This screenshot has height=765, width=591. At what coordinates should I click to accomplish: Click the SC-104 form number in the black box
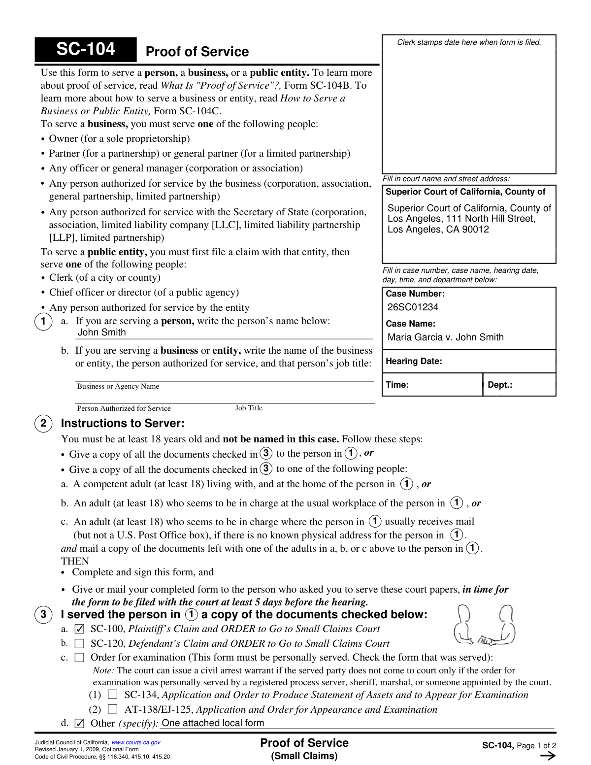(x=86, y=49)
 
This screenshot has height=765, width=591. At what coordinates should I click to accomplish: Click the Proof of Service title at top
(x=197, y=52)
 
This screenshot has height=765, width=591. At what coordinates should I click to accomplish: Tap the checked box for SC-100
(x=79, y=629)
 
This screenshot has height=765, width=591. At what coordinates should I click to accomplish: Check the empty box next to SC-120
(x=79, y=644)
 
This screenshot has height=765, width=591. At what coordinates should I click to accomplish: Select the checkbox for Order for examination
(x=79, y=658)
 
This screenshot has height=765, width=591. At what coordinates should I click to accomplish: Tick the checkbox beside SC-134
(x=113, y=695)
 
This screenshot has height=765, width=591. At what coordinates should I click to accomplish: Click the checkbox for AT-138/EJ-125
(x=113, y=709)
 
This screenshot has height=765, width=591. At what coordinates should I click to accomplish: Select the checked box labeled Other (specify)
(x=79, y=723)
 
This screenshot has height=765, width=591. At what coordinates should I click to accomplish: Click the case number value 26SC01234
(x=413, y=307)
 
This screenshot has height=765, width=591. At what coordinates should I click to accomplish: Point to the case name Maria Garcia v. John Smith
(x=445, y=337)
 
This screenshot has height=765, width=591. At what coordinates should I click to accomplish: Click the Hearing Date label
(x=414, y=361)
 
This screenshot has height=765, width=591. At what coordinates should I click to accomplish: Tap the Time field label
(x=397, y=385)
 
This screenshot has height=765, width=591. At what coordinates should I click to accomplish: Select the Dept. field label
(x=500, y=385)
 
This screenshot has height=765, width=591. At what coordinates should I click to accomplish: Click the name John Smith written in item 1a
(x=101, y=333)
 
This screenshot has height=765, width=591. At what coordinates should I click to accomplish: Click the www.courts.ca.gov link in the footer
(x=136, y=742)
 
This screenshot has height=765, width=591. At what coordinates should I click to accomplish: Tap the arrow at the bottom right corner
(x=548, y=756)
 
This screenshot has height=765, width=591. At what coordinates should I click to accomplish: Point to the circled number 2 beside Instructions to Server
(x=43, y=423)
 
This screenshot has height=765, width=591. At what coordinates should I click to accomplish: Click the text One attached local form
(x=213, y=723)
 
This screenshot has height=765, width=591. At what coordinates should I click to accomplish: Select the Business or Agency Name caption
(x=118, y=386)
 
